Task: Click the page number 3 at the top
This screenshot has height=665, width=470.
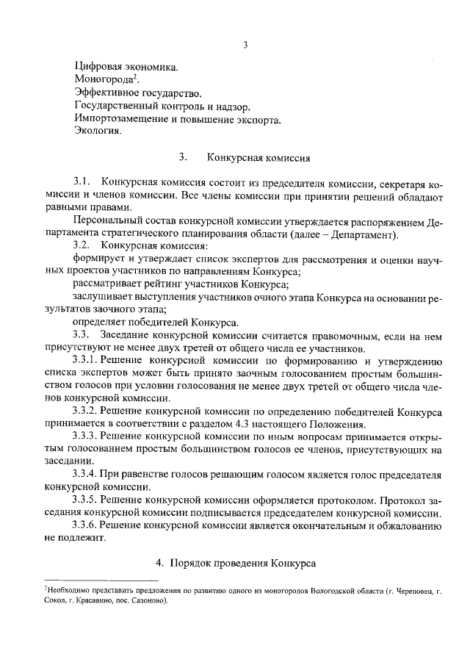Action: [x=245, y=45]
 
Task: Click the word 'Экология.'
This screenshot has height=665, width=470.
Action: [x=98, y=132]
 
